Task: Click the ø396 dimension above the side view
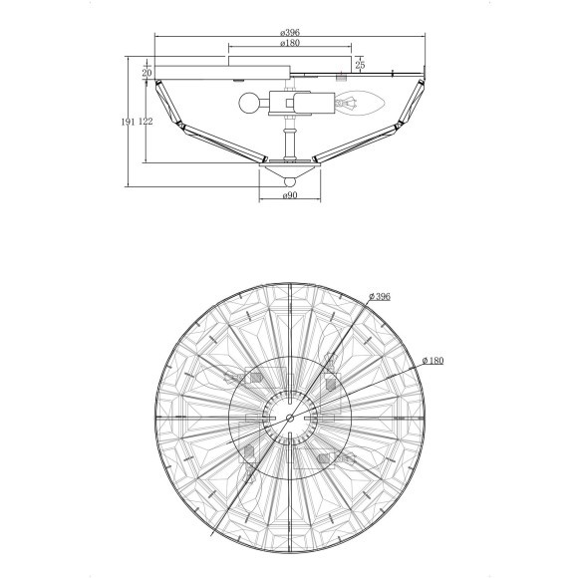[290, 33]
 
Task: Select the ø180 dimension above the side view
[290, 43]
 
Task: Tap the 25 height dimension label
[360, 65]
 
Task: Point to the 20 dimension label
[146, 73]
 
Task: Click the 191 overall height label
[129, 122]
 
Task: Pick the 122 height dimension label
[145, 122]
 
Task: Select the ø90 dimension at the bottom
[290, 195]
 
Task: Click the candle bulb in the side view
[361, 104]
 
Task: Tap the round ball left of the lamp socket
[249, 103]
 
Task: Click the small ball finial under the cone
[290, 181]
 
